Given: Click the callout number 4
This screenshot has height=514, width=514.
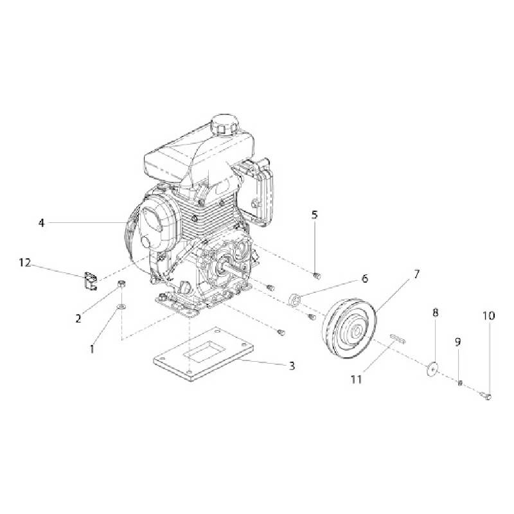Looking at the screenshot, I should point(41,223).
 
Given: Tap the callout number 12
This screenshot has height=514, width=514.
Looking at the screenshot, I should point(24,262).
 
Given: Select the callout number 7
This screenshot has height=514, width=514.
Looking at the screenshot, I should point(416,274).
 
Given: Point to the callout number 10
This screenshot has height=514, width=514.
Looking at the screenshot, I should point(489,315).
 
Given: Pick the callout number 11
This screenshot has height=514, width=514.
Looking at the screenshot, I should point(356,379).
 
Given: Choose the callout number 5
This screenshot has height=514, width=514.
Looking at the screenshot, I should point(315,215).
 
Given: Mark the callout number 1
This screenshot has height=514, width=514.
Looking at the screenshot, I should point(92,350).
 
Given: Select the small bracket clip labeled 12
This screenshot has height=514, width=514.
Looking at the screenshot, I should point(89,281).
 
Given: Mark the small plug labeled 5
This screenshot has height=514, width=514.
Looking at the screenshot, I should point(315,276).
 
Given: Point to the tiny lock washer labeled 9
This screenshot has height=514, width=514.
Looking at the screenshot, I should point(461,384).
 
